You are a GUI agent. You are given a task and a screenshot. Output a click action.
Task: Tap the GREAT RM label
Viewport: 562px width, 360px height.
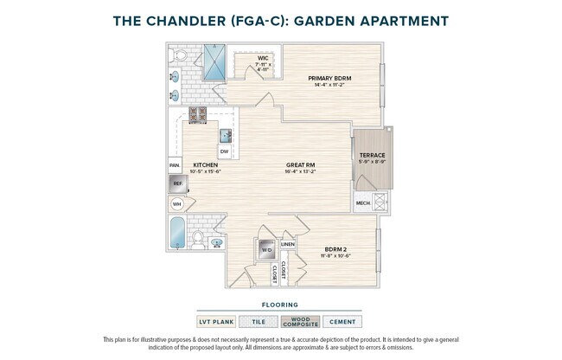coord(300,164)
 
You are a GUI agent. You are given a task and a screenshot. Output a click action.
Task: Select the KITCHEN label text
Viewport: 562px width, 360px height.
coord(205,164)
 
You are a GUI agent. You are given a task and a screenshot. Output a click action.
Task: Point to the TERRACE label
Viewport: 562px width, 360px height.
coord(372,155)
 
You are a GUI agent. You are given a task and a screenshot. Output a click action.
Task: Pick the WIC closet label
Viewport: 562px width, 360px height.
coord(263,58)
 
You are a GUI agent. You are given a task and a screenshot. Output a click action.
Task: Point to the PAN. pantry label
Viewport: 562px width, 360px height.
coord(175,164)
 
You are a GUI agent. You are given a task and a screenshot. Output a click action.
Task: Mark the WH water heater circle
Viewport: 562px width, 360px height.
coord(177,205)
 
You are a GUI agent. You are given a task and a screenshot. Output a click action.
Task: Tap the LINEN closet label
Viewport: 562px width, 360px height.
coord(288,244)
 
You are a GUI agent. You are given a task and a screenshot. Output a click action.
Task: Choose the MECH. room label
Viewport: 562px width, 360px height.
coord(363,204)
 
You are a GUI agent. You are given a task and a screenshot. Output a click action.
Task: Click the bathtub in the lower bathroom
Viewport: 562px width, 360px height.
coord(177,234)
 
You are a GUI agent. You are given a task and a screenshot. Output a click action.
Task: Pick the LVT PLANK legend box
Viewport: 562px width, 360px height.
coord(216,321)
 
